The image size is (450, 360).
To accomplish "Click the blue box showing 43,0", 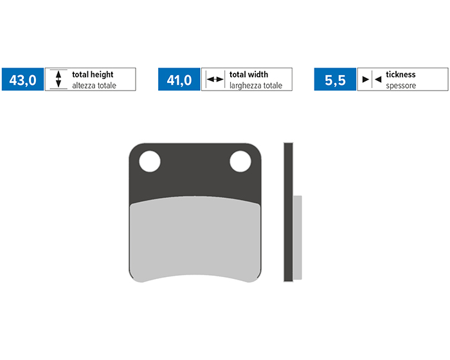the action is click(x=22, y=79).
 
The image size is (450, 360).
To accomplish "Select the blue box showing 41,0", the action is click(x=179, y=79).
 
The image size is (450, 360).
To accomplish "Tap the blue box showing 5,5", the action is click(x=335, y=79).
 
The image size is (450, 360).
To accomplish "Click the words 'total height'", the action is click(x=93, y=75).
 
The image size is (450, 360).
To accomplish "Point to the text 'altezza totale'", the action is click(x=94, y=85).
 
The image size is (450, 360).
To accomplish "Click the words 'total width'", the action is click(x=249, y=75).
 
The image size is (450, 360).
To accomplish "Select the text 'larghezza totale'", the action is click(x=256, y=85).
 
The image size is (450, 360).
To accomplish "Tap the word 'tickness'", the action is click(x=401, y=75).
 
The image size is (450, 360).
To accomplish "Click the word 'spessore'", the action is click(x=401, y=86).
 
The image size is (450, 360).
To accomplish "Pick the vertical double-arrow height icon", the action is click(x=59, y=79).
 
